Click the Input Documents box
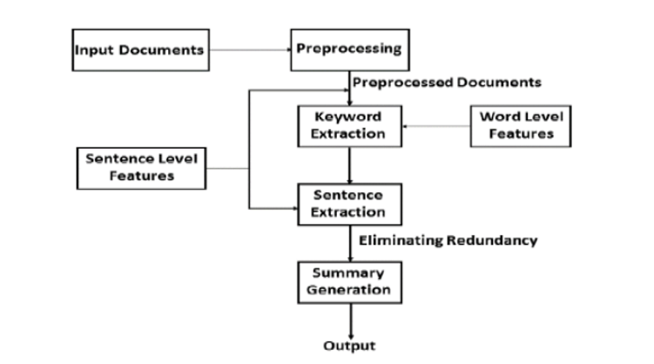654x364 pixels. pos(139,50)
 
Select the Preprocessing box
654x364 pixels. pos(349,49)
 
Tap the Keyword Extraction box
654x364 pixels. pos(349,125)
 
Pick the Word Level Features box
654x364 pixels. pos(522,125)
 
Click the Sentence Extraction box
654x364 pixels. pos(349,204)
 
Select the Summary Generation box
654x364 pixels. pos(349,281)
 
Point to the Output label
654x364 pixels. pos(349,346)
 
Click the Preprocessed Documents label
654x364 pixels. pos(446,83)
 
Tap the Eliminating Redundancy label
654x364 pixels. pos(448,240)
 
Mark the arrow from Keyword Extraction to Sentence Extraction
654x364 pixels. pos(349,165)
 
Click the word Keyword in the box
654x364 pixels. pos(349,117)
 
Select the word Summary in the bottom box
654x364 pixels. pos(349,273)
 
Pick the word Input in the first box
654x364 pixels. pos(91,50)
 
